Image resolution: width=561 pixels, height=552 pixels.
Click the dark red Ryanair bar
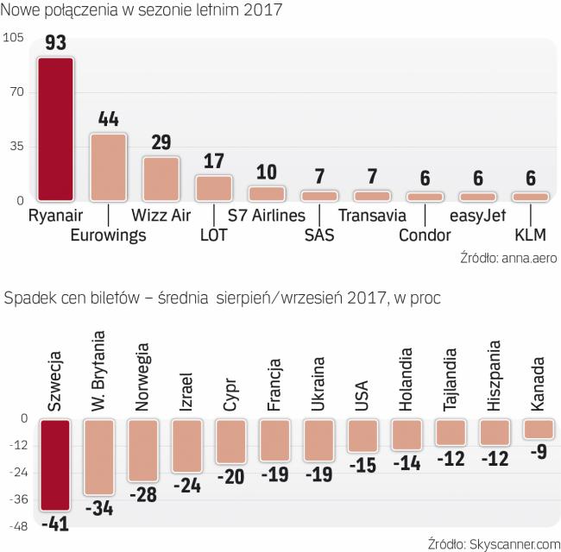point(54,129)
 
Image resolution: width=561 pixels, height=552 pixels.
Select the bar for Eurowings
point(108,167)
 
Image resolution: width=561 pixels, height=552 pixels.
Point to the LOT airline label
point(213,235)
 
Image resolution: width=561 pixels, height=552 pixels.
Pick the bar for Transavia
point(372,196)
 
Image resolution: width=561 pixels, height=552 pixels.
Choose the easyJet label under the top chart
point(477,216)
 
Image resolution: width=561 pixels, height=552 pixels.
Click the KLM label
point(530,235)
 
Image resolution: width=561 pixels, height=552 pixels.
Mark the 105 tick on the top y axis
point(13,38)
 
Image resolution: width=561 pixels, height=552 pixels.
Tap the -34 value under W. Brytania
point(100,508)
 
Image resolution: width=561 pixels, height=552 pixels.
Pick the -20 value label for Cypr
point(231,476)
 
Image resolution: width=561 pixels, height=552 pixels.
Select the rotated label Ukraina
point(318,384)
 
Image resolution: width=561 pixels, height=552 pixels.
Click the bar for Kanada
point(539,429)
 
